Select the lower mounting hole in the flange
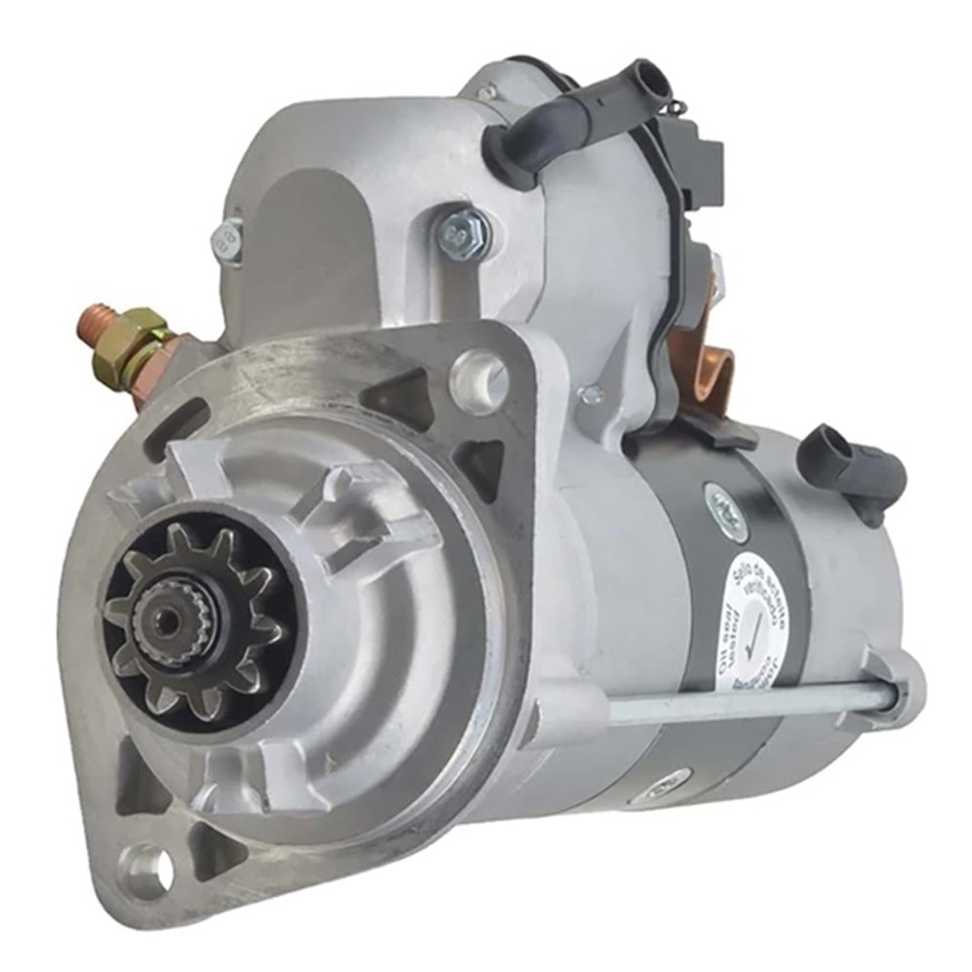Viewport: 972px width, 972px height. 146,863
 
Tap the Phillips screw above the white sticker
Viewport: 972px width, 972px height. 725,503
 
